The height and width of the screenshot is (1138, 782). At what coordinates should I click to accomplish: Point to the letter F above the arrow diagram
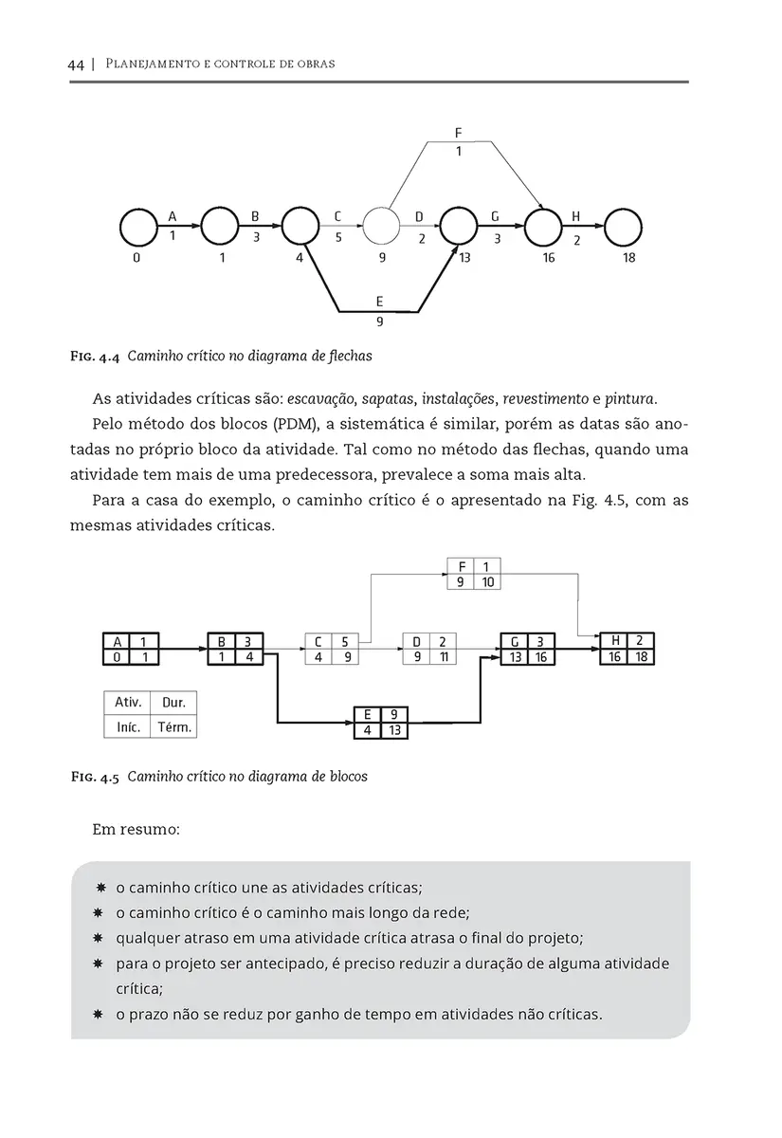click(459, 134)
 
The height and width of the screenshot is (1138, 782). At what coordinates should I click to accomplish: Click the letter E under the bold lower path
click(379, 303)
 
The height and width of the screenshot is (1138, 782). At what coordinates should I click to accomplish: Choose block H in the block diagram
click(627, 649)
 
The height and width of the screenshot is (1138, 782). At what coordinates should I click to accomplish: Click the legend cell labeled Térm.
click(174, 728)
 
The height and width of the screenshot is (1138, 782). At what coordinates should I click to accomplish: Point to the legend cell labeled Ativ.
click(128, 703)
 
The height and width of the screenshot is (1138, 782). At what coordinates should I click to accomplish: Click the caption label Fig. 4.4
click(95, 358)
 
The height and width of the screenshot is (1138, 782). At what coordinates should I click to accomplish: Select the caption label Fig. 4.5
click(95, 777)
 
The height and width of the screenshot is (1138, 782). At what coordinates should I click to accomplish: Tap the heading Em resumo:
click(136, 830)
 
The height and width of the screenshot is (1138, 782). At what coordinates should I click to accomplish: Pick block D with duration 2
click(429, 649)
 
